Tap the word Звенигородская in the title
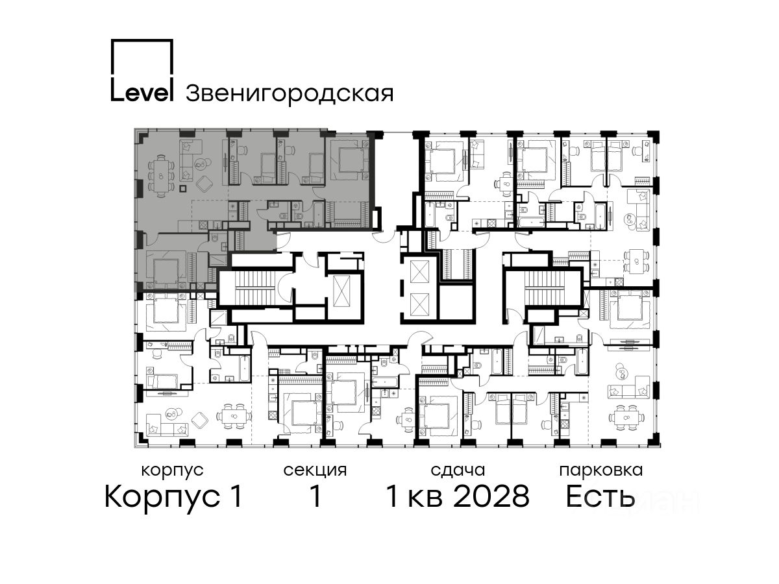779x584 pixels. click(290, 93)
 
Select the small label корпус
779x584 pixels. click(173, 471)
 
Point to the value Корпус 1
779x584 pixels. click(173, 497)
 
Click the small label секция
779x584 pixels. click(315, 471)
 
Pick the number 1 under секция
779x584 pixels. click(315, 496)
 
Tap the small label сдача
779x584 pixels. click(458, 471)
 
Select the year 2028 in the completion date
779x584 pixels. click(491, 496)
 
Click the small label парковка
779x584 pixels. click(601, 471)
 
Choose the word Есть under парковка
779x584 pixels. click(600, 496)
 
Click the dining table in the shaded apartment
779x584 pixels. click(161, 175)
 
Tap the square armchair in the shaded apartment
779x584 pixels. click(204, 184)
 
